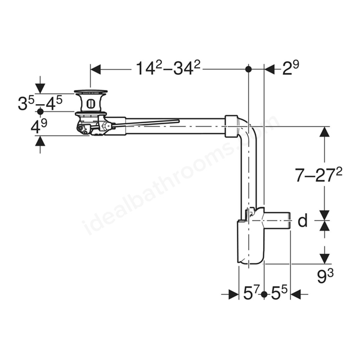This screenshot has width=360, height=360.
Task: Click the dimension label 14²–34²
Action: click(168, 68)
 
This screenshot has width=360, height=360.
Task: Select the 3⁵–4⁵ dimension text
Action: click(40, 102)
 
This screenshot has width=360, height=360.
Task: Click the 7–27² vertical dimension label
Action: click(318, 175)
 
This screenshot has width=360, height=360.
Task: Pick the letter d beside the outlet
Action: click(303, 220)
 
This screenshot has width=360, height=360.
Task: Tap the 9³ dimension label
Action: click(325, 276)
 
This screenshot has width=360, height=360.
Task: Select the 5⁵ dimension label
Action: click(279, 293)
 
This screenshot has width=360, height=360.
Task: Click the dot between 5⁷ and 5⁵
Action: click(264, 294)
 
